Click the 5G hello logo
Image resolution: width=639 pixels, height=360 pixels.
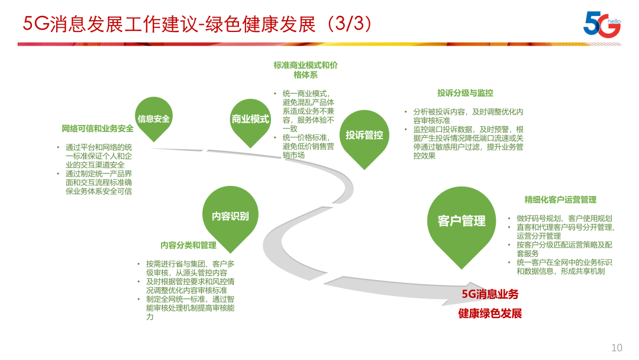[602, 24]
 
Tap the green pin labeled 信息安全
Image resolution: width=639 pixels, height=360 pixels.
[154, 118]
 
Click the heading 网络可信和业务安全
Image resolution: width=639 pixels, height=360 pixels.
[98, 129]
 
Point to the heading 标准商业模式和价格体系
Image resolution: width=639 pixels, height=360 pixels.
[305, 70]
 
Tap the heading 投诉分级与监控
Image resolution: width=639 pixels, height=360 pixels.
[465, 93]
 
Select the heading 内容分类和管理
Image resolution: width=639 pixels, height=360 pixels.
[188, 245]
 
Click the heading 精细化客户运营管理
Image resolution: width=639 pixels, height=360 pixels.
[560, 200]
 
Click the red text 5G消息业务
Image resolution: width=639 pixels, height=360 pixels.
[490, 294]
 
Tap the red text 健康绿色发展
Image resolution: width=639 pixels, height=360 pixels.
[490, 314]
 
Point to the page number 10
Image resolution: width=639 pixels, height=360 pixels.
[617, 348]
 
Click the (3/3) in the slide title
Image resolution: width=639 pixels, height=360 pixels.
[350, 24]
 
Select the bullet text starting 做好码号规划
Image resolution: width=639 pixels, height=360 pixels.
[564, 218]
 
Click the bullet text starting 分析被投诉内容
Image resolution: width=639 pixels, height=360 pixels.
[468, 116]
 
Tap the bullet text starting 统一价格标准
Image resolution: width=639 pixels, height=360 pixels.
[308, 146]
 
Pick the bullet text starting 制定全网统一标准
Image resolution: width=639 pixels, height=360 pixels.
[191, 308]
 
